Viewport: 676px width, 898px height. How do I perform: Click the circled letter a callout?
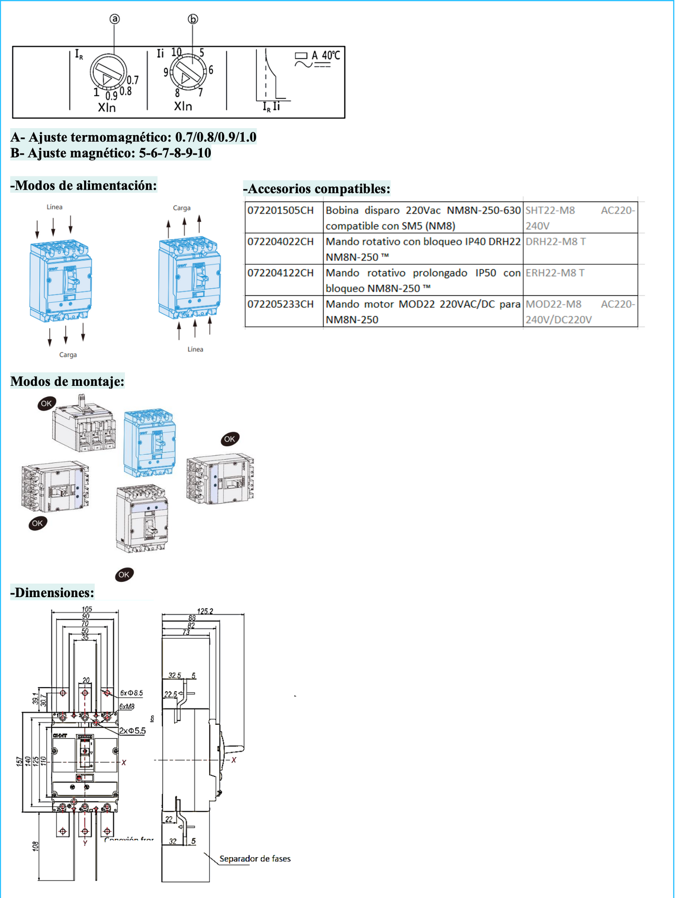(115, 19)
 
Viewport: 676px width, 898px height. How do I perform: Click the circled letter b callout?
(193, 19)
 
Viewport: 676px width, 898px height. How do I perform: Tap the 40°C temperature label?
(330, 55)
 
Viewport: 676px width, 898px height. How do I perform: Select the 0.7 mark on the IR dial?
(133, 80)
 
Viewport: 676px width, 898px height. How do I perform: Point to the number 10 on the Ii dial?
(176, 52)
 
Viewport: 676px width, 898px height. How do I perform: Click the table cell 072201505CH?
(281, 210)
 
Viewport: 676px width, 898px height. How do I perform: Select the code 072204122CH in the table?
(281, 273)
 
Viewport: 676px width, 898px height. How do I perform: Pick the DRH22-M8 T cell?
(555, 242)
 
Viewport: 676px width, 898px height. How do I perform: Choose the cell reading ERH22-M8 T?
(555, 273)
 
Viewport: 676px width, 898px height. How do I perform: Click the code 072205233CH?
(281, 304)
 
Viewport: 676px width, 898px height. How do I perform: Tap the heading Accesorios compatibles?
(317, 189)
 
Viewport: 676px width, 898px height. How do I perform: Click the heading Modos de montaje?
(68, 381)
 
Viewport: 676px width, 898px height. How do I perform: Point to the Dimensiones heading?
(53, 592)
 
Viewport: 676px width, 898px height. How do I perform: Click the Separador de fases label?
(255, 859)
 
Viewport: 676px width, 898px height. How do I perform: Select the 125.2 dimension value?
(205, 611)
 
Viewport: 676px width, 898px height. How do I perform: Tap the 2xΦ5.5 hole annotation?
(132, 731)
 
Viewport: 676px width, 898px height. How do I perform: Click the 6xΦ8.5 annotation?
(131, 693)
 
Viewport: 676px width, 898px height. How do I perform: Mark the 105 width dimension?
(87, 609)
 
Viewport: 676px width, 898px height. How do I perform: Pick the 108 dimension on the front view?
(36, 846)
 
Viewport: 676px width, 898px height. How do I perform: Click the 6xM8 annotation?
(127, 706)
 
